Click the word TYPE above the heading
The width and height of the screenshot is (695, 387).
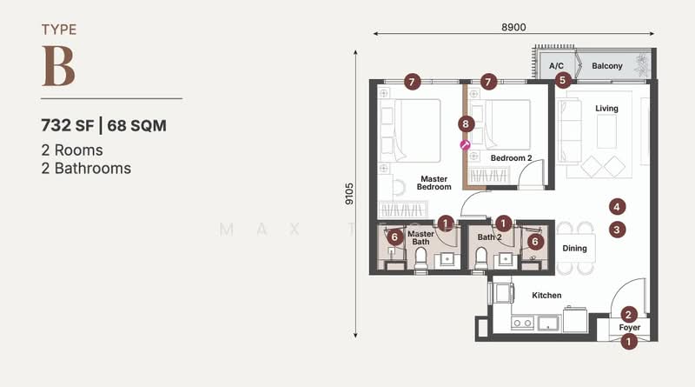click(59, 30)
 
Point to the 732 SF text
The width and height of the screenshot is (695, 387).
click(67, 125)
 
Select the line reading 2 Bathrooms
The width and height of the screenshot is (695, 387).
click(86, 168)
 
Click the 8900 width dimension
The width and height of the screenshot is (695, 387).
click(513, 27)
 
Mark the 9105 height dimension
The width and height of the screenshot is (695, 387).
click(349, 193)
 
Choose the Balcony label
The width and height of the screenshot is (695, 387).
click(607, 66)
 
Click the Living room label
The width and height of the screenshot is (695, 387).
click(606, 109)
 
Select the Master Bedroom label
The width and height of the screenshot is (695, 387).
click(434, 183)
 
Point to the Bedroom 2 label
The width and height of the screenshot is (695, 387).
click(511, 158)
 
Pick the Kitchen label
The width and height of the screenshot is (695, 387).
click(546, 296)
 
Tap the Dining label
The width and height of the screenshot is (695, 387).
click(574, 249)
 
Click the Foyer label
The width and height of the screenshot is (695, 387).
click(629, 328)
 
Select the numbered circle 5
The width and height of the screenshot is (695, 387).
click(562, 81)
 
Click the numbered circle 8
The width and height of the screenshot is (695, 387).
click(467, 124)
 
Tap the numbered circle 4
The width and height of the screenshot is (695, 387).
click(616, 207)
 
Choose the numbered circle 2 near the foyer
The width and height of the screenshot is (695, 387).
click(630, 314)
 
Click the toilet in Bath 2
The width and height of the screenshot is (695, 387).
click(480, 257)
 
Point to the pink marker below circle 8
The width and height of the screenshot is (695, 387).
click(465, 145)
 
